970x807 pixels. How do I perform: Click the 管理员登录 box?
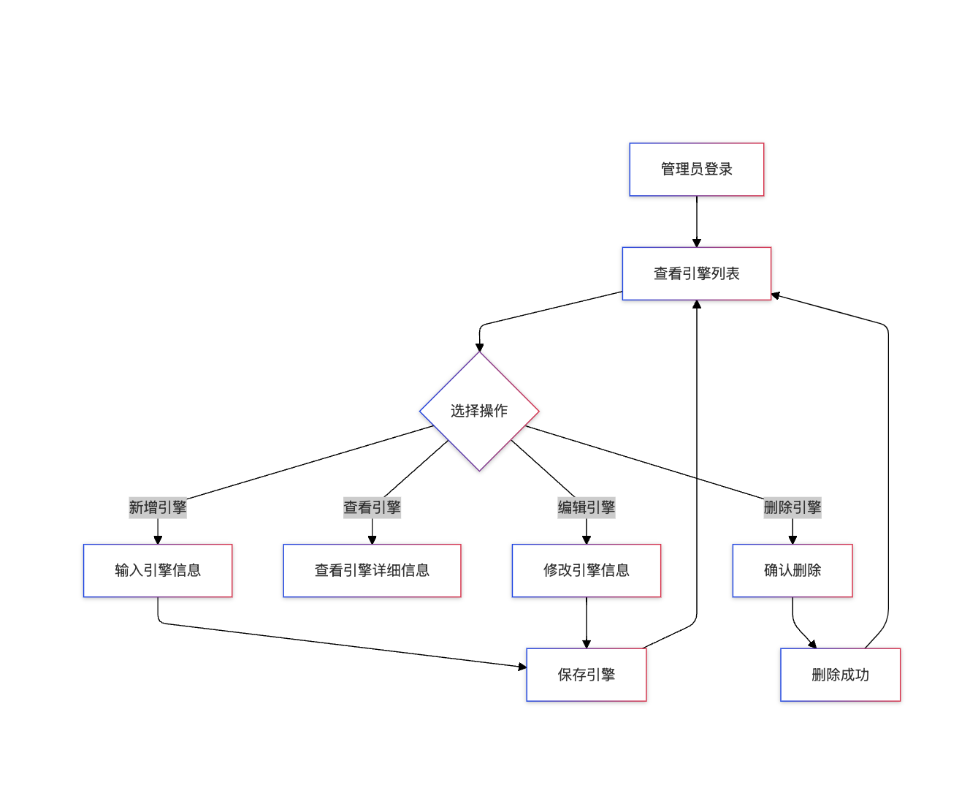pos(696,170)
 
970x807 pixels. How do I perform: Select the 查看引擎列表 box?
pos(696,273)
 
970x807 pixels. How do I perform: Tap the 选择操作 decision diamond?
pos(479,411)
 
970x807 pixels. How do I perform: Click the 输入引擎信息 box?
pos(158,570)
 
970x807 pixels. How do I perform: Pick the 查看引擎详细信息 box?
pos(372,570)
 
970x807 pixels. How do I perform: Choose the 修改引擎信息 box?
pos(586,570)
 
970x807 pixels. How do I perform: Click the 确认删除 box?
pos(793,570)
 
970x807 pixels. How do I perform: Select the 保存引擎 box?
pos(586,675)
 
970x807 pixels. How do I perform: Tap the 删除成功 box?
pos(840,675)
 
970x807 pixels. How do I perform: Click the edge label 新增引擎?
pos(158,507)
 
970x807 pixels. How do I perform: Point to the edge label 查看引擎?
pos(372,507)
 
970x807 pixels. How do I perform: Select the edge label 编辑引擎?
pos(586,507)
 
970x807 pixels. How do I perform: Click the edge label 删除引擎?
pos(793,507)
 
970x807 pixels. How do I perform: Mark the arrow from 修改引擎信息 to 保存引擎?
pos(586,621)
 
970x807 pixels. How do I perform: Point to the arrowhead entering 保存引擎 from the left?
pos(522,667)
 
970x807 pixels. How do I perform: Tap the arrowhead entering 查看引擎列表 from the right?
pos(776,295)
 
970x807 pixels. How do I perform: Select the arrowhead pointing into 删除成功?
pos(812,644)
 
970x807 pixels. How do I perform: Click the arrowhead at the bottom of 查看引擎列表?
pos(696,305)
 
